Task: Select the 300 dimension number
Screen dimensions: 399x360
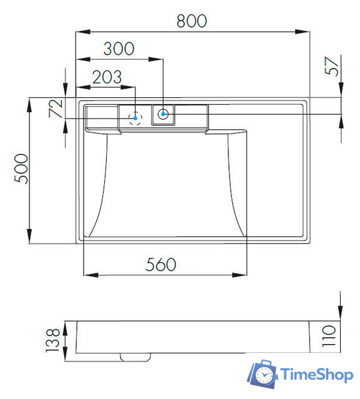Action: coord(119,49)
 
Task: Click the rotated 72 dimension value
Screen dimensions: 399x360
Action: coord(56,108)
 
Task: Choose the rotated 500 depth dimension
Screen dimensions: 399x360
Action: coord(20,168)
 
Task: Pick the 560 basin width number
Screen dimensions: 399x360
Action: coord(160,264)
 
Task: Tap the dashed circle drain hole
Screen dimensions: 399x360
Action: coord(135,117)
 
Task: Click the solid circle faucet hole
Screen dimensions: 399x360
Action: coord(163,113)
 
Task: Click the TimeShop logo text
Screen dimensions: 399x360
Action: coord(317,374)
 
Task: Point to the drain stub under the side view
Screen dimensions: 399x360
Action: coord(136,355)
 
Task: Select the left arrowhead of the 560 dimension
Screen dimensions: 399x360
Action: coord(88,274)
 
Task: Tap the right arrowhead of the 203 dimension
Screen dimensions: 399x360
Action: coord(132,87)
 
